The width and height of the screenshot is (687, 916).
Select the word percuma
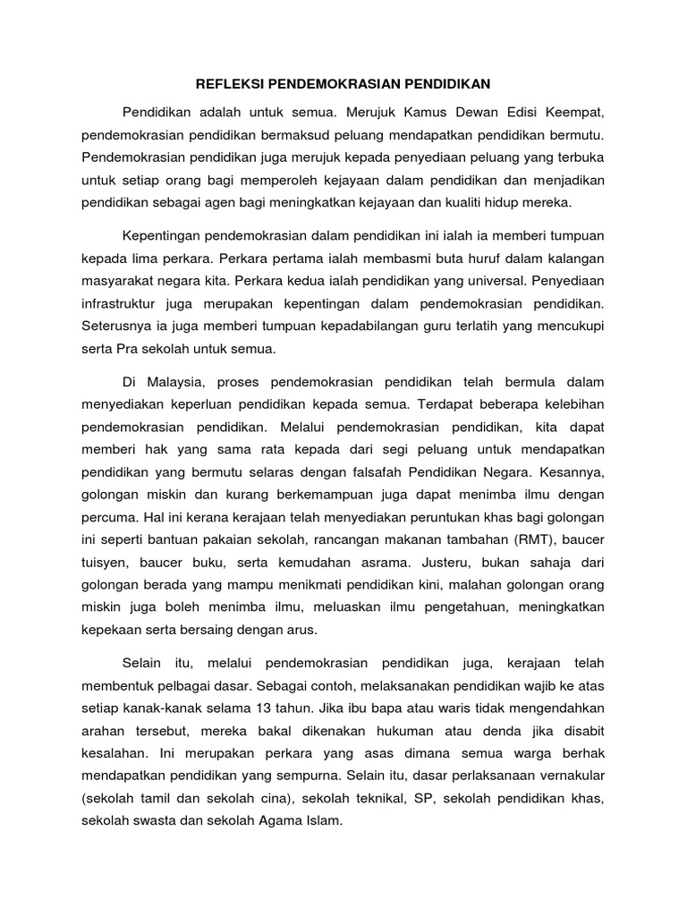(x=106, y=516)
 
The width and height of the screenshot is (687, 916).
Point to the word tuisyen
(x=105, y=563)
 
